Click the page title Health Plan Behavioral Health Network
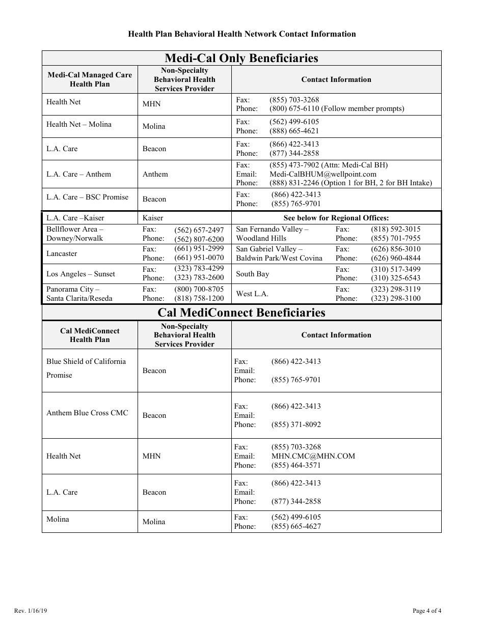pyautogui.click(x=241, y=34)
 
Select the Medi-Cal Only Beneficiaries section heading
pyautogui.click(x=241, y=58)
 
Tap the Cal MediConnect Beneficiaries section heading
pyautogui.click(x=241, y=312)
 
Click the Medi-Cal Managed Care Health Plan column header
pyautogui.click(x=90, y=79)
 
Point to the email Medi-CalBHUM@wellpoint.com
pyautogui.click(x=323, y=174)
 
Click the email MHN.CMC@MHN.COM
pyautogui.click(x=313, y=456)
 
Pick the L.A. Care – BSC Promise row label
pyautogui.click(x=88, y=197)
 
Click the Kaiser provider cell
pyautogui.click(x=153, y=218)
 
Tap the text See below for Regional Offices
pyautogui.click(x=336, y=218)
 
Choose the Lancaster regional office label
pyautogui.click(x=62, y=253)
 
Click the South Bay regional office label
pyautogui.click(x=252, y=274)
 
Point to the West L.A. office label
pyautogui.click(x=252, y=294)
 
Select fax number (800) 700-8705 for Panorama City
pyautogui.click(x=199, y=289)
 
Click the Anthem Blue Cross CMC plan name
pyautogui.click(x=87, y=413)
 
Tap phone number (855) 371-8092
pyautogui.click(x=296, y=424)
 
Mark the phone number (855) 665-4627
pyautogui.click(x=296, y=526)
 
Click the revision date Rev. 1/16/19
pyautogui.click(x=32, y=611)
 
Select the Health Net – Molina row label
pyautogui.click(x=79, y=124)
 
